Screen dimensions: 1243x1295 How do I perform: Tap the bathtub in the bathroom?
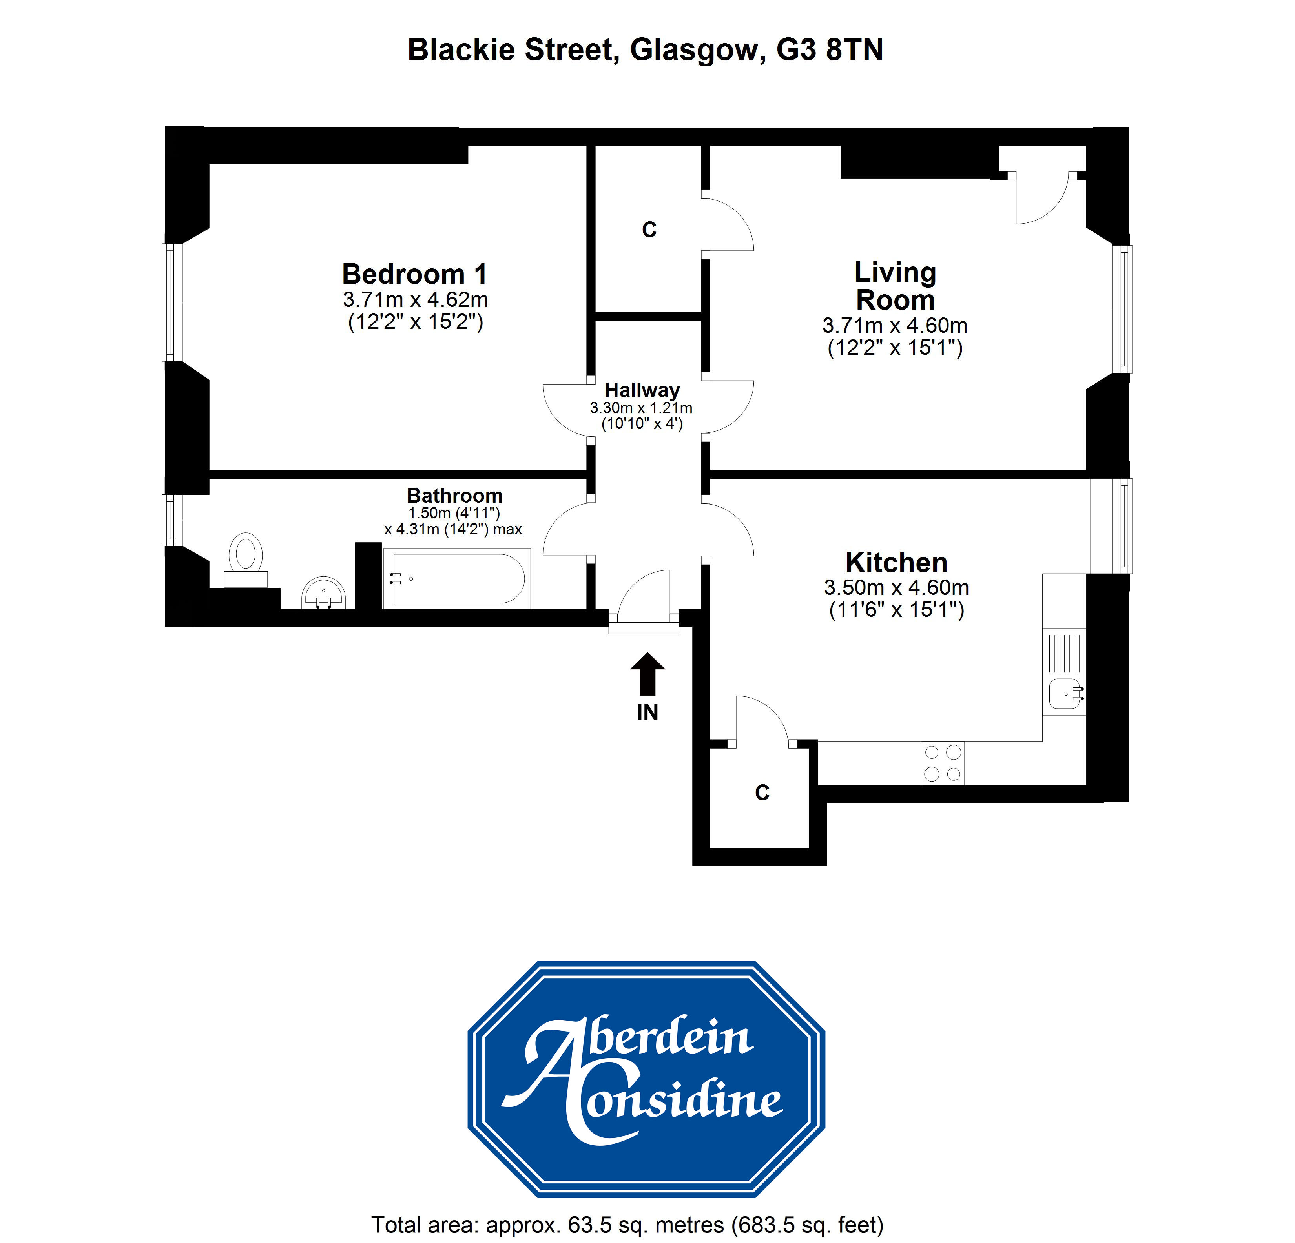[x=457, y=579]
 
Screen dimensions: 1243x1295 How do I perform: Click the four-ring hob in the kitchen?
[x=942, y=763]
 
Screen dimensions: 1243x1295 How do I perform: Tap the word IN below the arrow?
[x=647, y=712]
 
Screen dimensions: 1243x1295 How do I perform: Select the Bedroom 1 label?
[x=414, y=273]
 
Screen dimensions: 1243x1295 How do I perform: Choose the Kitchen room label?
[x=897, y=562]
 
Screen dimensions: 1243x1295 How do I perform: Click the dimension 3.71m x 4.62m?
[x=415, y=299]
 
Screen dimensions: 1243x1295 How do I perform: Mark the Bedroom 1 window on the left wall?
[x=172, y=303]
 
